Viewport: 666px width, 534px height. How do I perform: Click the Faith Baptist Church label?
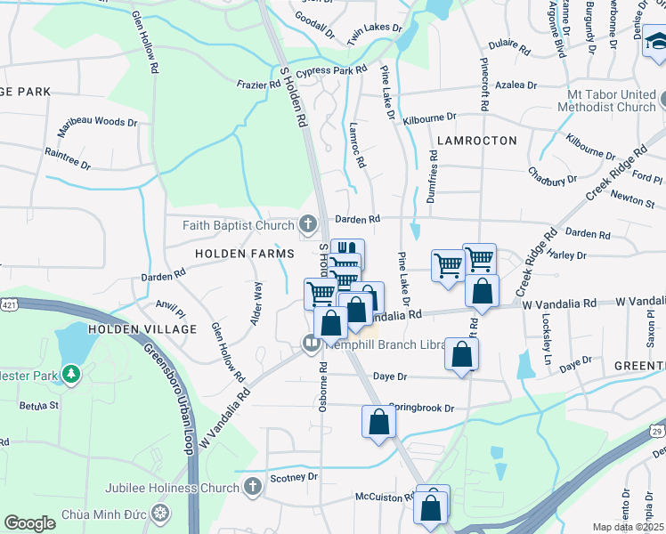coord(238,225)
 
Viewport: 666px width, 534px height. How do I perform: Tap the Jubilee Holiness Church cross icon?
coord(253,487)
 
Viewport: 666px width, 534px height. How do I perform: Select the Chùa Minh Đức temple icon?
coord(160,514)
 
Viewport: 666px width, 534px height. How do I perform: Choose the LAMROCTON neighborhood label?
coord(477,141)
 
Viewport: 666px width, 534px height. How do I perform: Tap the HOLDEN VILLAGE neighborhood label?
coord(142,329)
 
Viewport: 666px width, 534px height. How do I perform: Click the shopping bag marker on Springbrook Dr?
coord(378,423)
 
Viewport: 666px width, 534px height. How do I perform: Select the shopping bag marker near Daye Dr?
coord(463,355)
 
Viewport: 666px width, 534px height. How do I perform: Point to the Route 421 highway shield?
coord(9,305)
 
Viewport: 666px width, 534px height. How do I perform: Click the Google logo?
coord(29,522)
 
